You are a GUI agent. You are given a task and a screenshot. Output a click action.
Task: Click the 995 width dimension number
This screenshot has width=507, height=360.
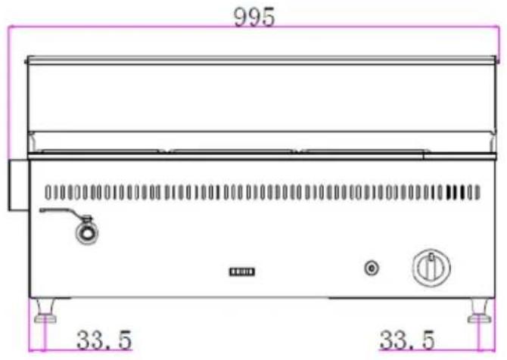254,17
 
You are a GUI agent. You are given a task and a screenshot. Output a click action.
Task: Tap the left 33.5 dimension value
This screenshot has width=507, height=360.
104,340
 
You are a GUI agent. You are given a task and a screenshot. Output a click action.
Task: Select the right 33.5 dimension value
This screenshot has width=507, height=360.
407,340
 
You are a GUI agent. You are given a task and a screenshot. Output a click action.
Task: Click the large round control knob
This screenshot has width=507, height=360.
431,268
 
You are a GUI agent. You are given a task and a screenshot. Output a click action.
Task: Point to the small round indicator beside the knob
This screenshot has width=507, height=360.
372,268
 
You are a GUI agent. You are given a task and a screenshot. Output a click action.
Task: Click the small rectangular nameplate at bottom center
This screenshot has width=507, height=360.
242,272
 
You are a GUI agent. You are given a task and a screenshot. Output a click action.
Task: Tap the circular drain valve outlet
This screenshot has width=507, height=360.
87,232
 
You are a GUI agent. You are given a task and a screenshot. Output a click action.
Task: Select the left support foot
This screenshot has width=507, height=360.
45,311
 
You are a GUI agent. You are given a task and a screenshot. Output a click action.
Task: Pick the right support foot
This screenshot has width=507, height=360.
480,311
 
